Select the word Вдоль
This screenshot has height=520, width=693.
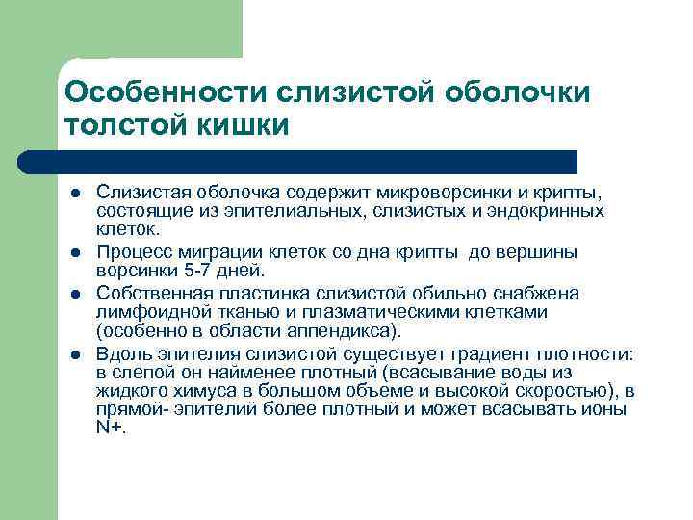point(119,354)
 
